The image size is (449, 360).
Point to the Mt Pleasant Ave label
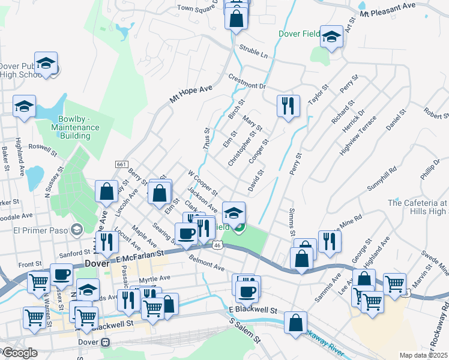388,9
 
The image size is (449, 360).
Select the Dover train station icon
106,342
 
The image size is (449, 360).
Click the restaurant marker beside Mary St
288,106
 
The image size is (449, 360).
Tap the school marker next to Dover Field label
331,37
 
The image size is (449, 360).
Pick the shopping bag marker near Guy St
106,191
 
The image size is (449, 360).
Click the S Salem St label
246,331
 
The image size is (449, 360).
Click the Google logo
19,353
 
